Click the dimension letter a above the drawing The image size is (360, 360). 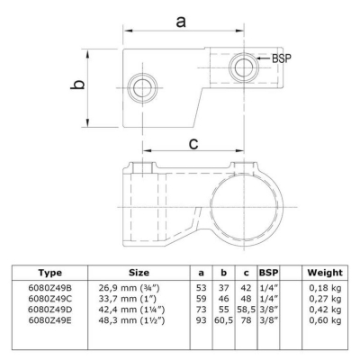181,22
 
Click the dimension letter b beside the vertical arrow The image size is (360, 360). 77,85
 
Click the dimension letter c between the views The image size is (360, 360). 193,143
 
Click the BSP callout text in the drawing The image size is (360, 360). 282,58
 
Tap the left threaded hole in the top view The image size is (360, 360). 142,87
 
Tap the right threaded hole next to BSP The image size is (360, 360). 244,67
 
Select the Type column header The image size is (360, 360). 50,273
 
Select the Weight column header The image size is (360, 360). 325,273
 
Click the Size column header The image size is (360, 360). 139,273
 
